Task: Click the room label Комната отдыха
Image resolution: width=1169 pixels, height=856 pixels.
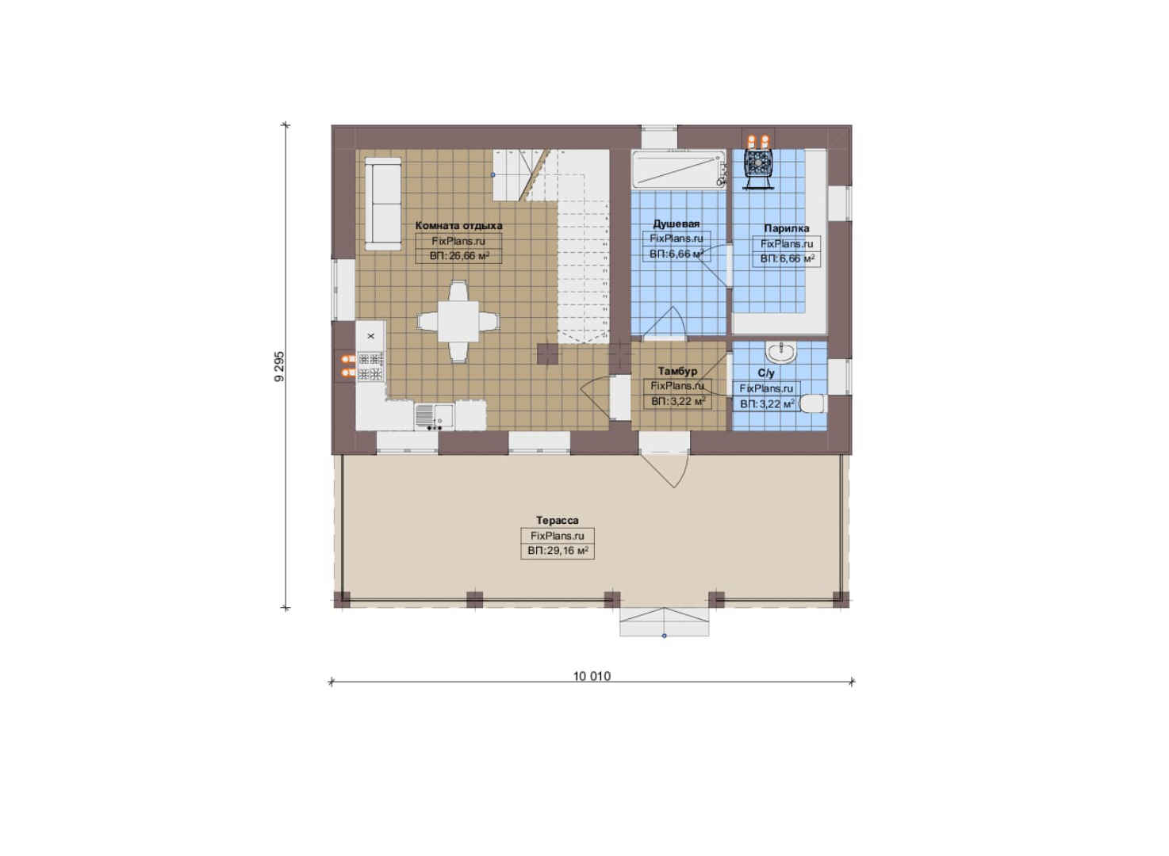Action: coord(458,226)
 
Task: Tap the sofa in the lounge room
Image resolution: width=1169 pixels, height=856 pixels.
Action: coord(383,204)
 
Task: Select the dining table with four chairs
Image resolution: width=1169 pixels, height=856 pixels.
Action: coord(458,321)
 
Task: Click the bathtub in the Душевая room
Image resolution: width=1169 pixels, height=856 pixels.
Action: coord(678,170)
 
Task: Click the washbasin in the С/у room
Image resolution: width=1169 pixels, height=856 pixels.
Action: coord(781,352)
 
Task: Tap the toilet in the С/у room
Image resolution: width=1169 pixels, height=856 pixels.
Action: coord(813,403)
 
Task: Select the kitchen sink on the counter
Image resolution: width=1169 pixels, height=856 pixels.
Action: coord(434,416)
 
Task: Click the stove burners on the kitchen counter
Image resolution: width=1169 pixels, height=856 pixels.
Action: coord(370,366)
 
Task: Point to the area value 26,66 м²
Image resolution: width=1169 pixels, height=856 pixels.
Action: coord(459,256)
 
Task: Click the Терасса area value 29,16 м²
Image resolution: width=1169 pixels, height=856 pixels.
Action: coord(558,551)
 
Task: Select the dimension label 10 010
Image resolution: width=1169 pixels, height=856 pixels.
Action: coord(592,677)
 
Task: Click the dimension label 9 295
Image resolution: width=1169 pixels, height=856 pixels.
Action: coord(280,366)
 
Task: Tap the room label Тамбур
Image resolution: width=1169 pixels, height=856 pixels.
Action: coord(677,372)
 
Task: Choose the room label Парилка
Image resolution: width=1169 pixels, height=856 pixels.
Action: coord(787,228)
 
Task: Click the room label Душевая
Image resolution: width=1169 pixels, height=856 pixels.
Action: coord(676,224)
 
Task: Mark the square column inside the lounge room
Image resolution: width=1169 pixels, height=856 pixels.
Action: coord(548,353)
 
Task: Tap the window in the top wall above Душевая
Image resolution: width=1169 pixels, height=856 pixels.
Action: coord(659,136)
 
